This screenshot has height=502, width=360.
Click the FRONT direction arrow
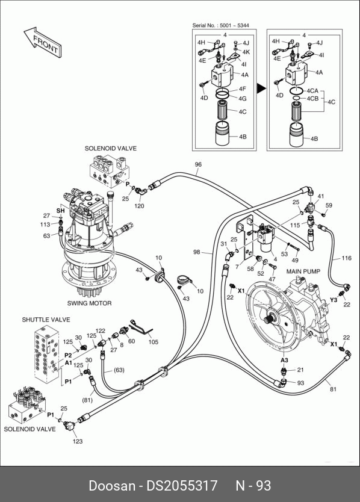[x=43, y=43]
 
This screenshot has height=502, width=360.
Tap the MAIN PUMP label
[x=303, y=271]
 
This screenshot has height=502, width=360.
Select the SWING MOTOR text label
[x=89, y=303]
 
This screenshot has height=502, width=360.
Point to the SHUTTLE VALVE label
[x=46, y=320]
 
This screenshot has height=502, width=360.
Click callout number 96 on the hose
[x=198, y=164]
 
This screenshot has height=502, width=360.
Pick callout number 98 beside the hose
[x=197, y=252]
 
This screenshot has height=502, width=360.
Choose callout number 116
[x=347, y=258]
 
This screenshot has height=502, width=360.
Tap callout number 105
[x=154, y=342]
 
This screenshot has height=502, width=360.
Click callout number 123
[x=78, y=441]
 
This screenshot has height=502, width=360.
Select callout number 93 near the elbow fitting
[x=300, y=383]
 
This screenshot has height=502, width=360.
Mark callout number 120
[x=139, y=206]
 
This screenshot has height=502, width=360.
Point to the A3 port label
[x=284, y=360]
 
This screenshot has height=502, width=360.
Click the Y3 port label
[x=334, y=300]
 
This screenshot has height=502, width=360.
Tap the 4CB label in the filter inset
[x=312, y=99]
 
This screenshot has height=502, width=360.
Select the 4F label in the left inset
[x=243, y=89]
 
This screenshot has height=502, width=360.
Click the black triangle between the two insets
[x=262, y=88]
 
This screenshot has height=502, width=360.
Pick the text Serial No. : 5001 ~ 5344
[x=220, y=25]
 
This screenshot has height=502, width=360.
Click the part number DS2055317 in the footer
[x=182, y=486]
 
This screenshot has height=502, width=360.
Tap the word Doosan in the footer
[x=112, y=486]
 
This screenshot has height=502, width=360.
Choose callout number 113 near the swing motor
[x=45, y=225]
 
